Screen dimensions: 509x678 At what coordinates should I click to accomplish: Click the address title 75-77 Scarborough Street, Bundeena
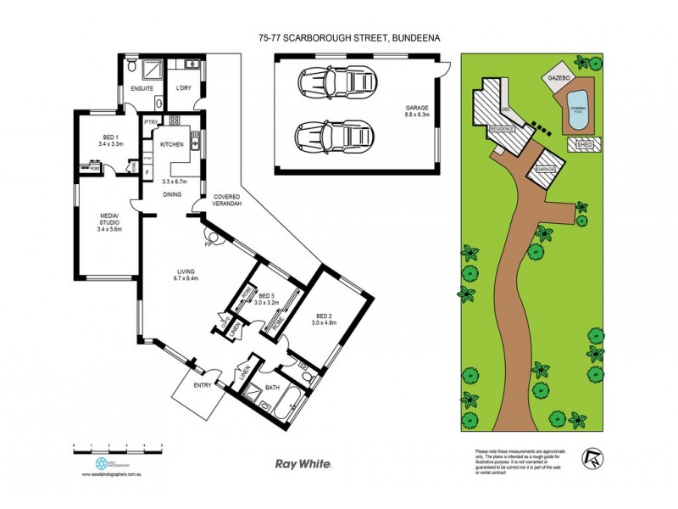338,37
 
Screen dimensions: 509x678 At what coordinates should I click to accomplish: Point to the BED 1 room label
110,140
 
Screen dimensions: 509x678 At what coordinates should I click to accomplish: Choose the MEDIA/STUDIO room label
110,224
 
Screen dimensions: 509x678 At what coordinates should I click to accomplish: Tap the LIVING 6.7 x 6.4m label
186,274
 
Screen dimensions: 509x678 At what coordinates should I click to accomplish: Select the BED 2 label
325,318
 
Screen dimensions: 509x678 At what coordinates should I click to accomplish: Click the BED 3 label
269,299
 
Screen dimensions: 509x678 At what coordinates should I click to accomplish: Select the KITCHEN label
173,145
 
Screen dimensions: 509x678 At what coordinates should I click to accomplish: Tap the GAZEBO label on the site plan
557,77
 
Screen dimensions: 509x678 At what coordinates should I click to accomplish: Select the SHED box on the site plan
585,145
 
